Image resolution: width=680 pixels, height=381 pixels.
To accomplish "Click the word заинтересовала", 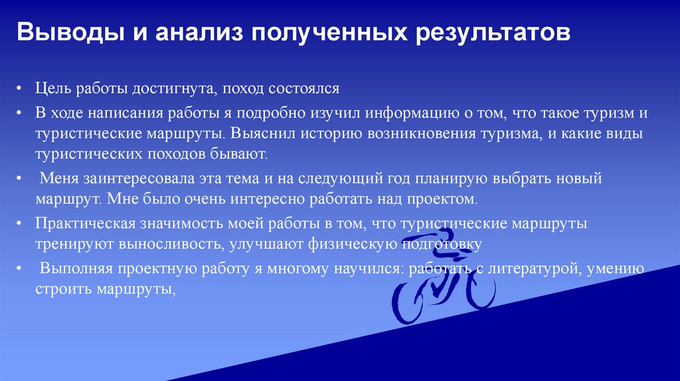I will click(130, 179).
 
